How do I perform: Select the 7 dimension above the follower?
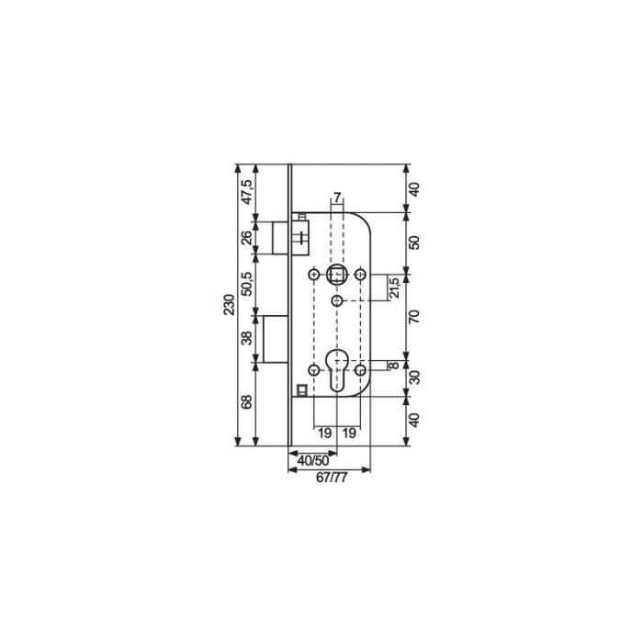pyautogui.click(x=337, y=198)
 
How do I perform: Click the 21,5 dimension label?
pyautogui.click(x=393, y=288)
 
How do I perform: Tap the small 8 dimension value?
pyautogui.click(x=394, y=366)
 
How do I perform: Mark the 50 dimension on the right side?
pyautogui.click(x=413, y=243)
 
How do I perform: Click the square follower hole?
pyautogui.click(x=337, y=275)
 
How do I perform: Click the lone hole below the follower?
pyautogui.click(x=337, y=302)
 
